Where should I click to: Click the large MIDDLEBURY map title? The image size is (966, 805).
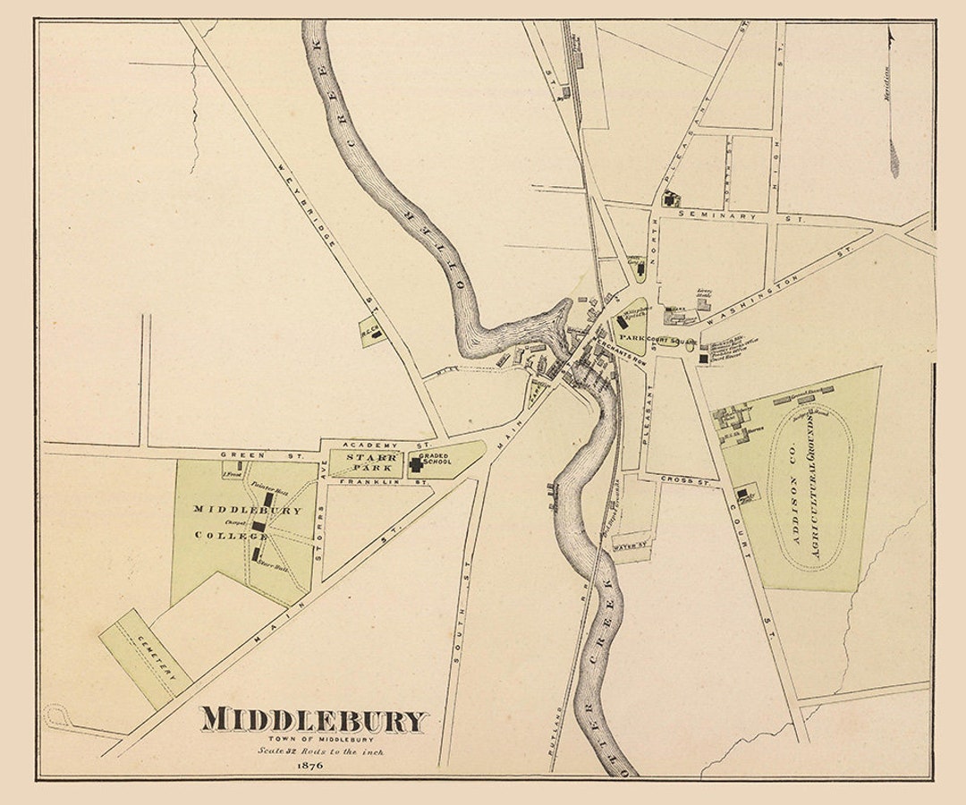(x=314, y=721)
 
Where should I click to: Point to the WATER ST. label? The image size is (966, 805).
(x=631, y=545)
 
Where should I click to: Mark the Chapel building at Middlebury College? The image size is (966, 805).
(x=258, y=526)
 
